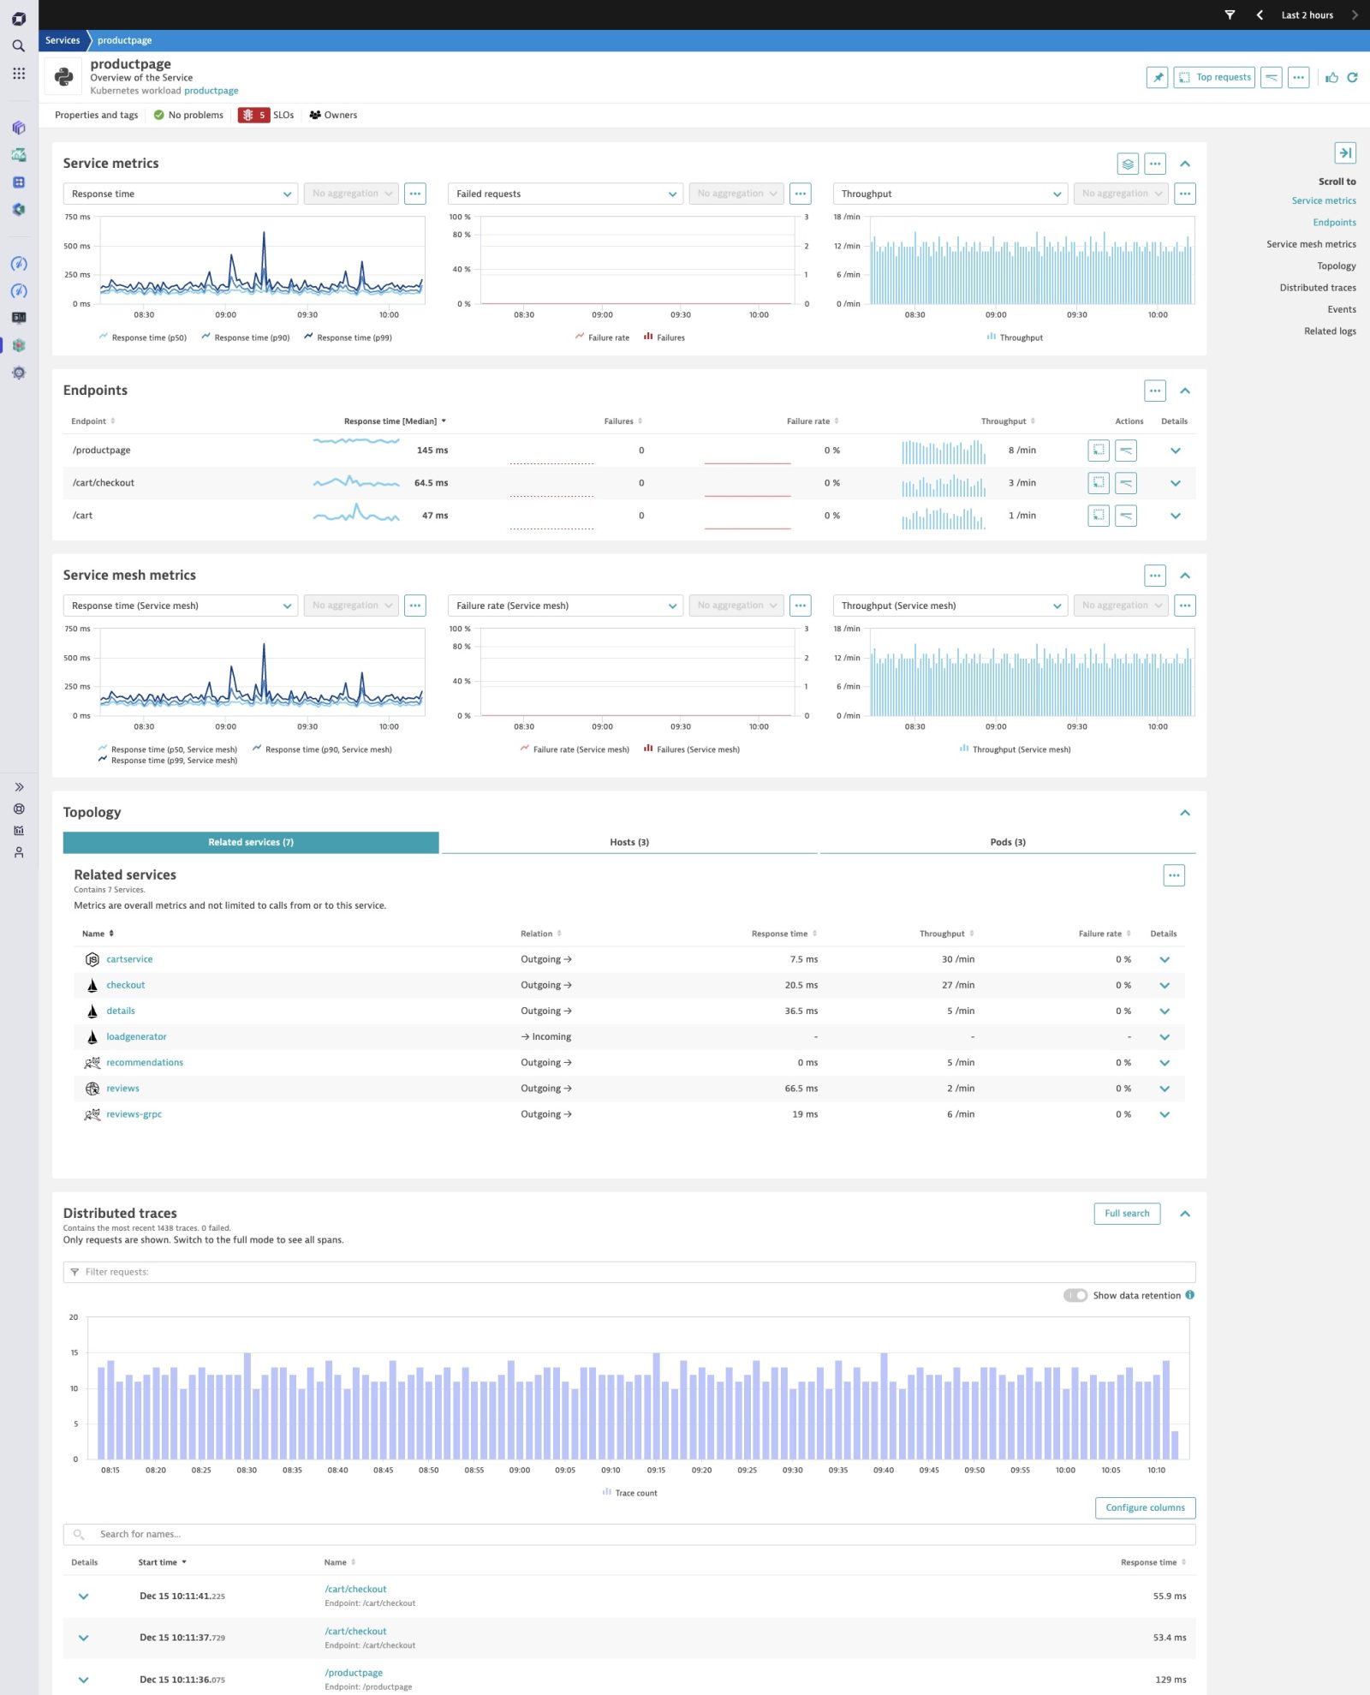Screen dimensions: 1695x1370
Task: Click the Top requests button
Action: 1213,77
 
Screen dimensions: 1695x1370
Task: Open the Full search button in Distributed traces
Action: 1126,1213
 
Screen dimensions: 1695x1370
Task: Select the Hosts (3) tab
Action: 628,842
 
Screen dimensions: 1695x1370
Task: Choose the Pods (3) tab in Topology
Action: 1007,842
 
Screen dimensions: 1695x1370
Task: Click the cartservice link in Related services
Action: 129,959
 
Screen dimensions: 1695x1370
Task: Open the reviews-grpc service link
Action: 134,1114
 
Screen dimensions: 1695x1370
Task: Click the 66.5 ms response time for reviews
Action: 801,1089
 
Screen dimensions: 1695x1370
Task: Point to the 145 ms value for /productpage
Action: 432,451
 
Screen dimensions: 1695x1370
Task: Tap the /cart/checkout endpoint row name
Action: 104,483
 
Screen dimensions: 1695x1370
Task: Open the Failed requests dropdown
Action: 565,194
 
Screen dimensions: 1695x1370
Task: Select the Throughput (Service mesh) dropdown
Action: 950,606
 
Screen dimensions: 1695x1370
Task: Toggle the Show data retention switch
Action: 1075,1295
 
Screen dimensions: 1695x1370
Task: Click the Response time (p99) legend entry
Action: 354,337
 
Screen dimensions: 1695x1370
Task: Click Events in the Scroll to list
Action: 1341,309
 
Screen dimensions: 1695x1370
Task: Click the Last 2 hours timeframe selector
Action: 1306,15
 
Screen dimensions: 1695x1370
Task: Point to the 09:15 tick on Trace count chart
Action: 656,1470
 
